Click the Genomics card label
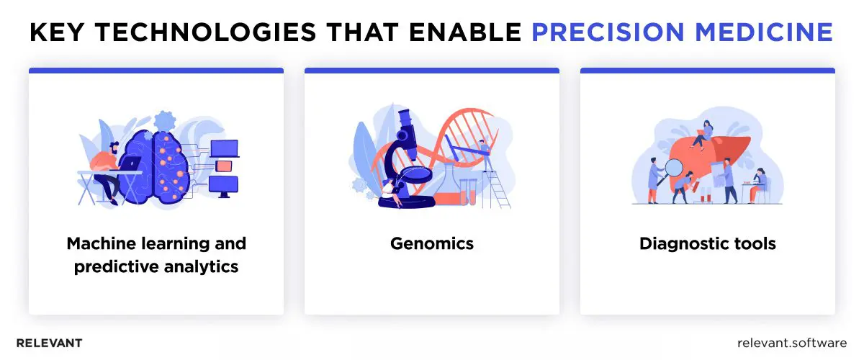click(431, 243)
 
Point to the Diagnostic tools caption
click(707, 243)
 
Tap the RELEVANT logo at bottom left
click(49, 343)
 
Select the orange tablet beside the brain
click(224, 166)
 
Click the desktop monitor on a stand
click(222, 185)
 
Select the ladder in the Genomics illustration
click(498, 184)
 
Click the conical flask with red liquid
click(444, 189)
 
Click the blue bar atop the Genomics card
click(431, 71)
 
